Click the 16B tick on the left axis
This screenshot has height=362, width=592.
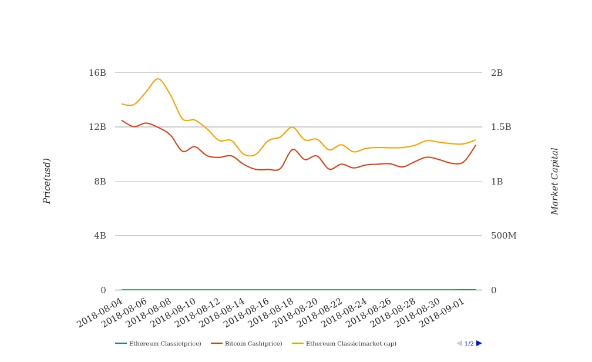point(97,73)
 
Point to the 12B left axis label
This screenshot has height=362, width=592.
point(97,127)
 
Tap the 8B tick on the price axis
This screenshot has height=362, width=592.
point(100,182)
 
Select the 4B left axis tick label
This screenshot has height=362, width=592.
point(100,236)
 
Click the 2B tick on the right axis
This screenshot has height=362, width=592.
point(497,73)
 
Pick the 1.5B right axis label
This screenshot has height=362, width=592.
point(501,127)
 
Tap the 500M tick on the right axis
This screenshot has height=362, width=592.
point(504,236)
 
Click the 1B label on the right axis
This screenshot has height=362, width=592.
point(497,182)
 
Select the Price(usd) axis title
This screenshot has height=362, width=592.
point(48,181)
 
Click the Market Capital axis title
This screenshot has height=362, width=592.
point(555,181)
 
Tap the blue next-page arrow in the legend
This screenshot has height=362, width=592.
point(479,343)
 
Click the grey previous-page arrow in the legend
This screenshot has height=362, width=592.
point(459,343)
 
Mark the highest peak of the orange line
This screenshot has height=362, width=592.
point(157,79)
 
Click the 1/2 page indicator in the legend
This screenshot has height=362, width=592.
point(469,344)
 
